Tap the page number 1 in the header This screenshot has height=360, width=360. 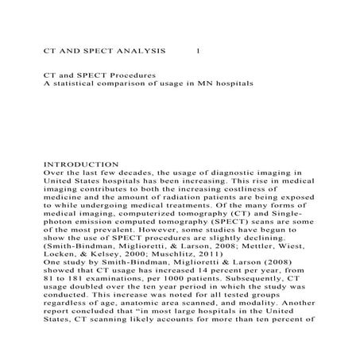point(198,48)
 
